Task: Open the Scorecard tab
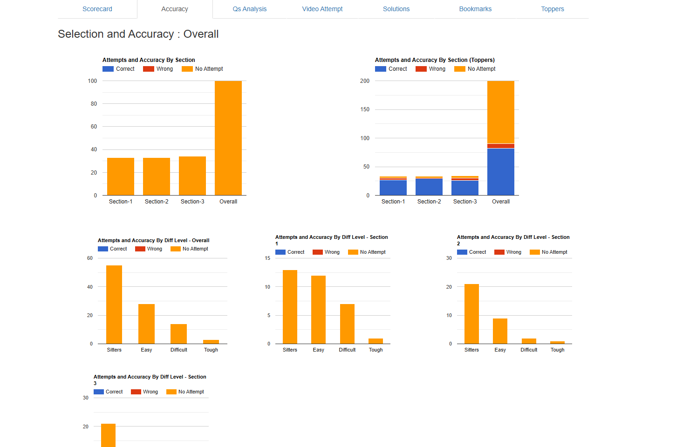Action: coord(97,9)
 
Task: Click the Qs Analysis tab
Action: coord(250,9)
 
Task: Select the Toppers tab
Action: coord(553,9)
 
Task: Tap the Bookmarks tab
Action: coord(475,9)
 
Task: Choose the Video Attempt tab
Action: coord(322,9)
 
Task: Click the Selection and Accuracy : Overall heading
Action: coord(138,34)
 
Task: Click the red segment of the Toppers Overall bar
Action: coord(501,146)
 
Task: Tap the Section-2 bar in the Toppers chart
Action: coord(429,187)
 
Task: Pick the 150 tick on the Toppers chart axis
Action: coord(365,109)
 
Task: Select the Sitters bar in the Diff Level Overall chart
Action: coord(114,305)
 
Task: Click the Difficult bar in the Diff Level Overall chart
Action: coord(178,334)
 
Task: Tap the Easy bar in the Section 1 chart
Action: coord(319,310)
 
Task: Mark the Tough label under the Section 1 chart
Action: coord(376,350)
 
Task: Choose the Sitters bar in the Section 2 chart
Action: coord(471,314)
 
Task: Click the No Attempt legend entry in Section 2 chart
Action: coord(549,252)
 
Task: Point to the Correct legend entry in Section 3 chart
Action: coord(109,392)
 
